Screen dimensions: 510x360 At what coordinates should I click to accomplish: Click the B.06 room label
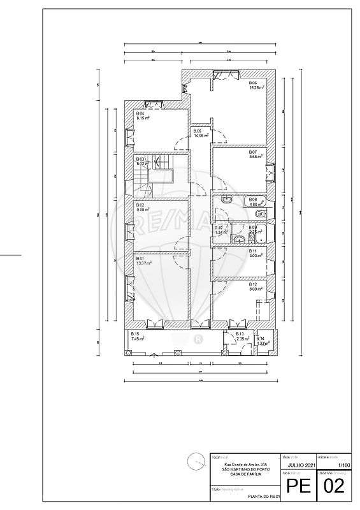(252, 83)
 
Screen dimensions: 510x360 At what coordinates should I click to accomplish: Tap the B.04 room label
(140, 113)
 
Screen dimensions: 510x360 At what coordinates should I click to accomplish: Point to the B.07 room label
(252, 152)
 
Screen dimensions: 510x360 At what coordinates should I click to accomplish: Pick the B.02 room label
(140, 205)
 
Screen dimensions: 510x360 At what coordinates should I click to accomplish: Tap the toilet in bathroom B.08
(257, 213)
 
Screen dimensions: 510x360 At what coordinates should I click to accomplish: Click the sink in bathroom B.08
(226, 200)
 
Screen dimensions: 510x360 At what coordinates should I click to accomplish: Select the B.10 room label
(219, 228)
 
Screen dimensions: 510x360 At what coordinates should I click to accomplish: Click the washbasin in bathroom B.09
(238, 240)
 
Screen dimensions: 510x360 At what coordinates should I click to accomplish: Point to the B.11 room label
(252, 251)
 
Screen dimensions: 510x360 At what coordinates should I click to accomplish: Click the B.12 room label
(252, 284)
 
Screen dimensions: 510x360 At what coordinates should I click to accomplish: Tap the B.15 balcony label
(135, 334)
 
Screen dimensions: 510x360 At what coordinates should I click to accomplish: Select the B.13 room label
(240, 334)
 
